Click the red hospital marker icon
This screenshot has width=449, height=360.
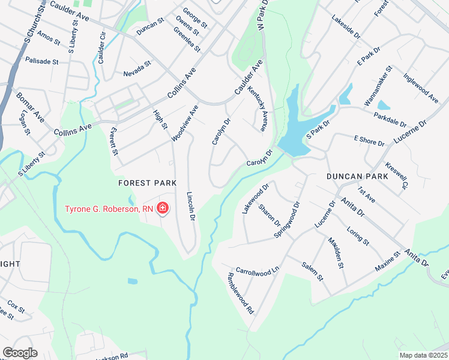coord(162,209)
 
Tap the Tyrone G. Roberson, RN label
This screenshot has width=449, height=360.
coord(109,209)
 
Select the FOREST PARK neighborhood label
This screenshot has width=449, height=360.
coord(147,182)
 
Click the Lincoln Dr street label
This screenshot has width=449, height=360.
coord(191,206)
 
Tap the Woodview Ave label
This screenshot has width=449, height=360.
coord(184,124)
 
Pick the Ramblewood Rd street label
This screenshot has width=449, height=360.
coord(241,294)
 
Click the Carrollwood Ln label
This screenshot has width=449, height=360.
coord(258,271)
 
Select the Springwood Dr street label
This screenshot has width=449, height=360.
coord(286,221)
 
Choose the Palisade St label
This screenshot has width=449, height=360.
coord(41,61)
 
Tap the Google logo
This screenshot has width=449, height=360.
coord(20,353)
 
